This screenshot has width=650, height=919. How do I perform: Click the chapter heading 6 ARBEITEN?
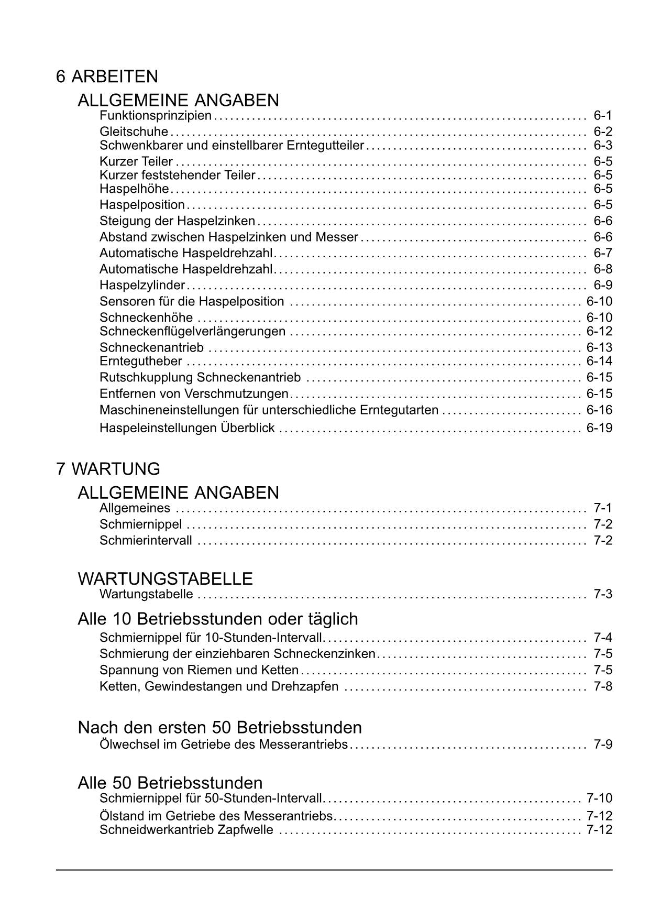pos(107,76)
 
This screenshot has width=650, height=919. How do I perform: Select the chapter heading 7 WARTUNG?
pos(108,469)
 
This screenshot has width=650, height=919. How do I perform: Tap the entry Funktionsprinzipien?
pos(156,115)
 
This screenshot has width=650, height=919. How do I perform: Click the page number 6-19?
pos(599,428)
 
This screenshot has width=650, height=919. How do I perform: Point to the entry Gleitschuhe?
pos(134,132)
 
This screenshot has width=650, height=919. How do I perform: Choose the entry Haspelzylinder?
pos(142,286)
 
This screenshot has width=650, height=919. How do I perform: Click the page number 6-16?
pos(599,410)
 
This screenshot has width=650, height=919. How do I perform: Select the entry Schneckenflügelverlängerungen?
pos(193,332)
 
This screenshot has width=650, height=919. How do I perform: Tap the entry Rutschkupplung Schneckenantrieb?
pos(200,378)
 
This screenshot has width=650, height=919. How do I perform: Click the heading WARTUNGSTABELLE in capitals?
pos(165,579)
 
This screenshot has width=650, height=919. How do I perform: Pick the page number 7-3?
pos(603,594)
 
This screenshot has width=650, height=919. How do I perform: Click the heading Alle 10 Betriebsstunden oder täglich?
pos(218,619)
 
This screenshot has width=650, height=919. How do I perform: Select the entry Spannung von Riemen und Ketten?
pos(199,670)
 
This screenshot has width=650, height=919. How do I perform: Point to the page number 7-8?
pos(603,686)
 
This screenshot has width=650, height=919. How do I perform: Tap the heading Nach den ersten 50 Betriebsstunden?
pos(219,727)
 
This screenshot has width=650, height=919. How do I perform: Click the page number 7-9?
pos(603,744)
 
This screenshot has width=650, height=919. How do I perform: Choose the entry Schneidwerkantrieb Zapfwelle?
pos(186,830)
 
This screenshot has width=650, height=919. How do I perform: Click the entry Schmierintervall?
pos(146,540)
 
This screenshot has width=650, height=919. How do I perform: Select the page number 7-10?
pos(599,798)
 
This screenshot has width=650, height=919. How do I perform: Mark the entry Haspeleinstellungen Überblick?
pos(187,428)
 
